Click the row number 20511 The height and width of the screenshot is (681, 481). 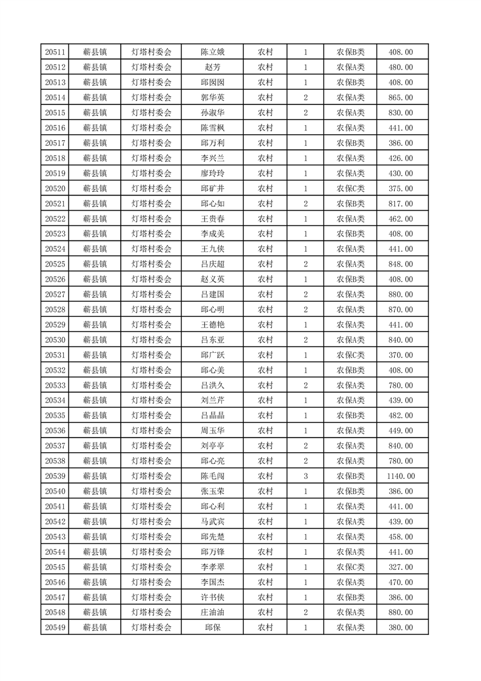[x=55, y=52]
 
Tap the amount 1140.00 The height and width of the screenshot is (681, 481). [x=400, y=476]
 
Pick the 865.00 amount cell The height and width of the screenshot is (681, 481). [x=400, y=98]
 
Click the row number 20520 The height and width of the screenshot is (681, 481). [x=55, y=188]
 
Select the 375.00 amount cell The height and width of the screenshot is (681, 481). [x=400, y=188]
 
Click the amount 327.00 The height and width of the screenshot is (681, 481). [x=400, y=567]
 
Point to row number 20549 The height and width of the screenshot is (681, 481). [x=55, y=628]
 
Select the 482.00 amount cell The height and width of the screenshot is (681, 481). [x=400, y=416]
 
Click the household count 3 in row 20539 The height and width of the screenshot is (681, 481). [x=305, y=476]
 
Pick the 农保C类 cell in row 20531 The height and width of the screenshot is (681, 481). [x=350, y=355]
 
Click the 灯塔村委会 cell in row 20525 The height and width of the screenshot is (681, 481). [x=152, y=264]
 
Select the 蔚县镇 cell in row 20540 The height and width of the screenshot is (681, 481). [x=95, y=492]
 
